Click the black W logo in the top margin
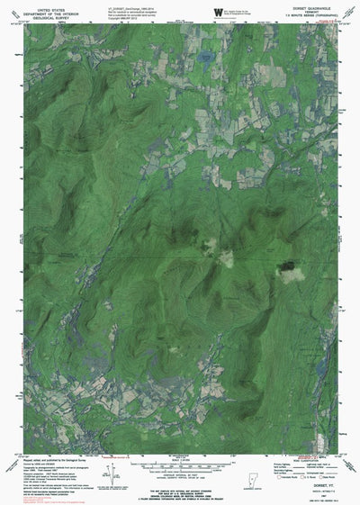click(x=217, y=9)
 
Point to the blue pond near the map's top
click(x=203, y=62)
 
